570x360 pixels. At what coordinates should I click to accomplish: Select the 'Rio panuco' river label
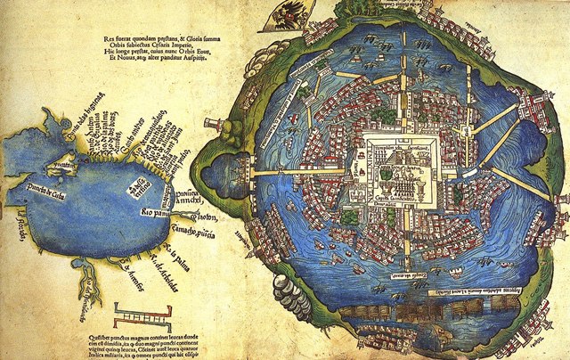pyautogui.click(x=158, y=214)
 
